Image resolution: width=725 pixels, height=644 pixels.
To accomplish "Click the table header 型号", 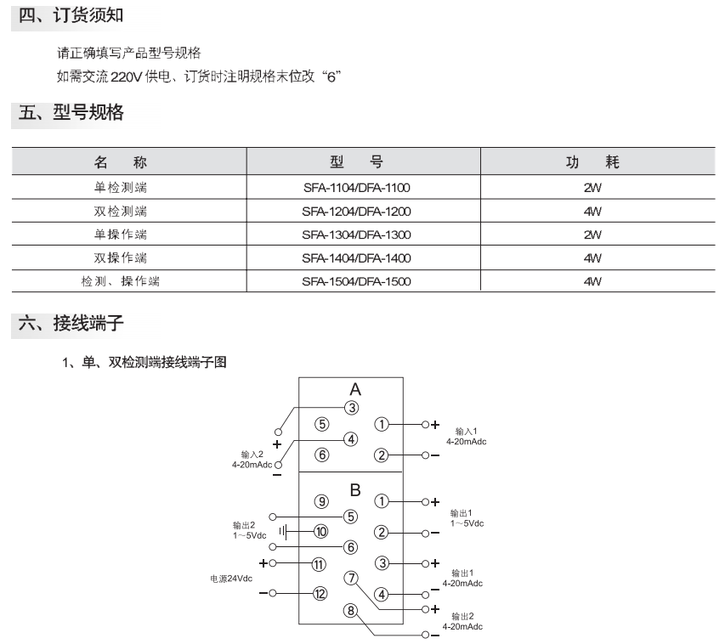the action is pos(356,161).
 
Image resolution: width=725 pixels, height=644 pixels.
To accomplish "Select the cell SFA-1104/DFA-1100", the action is pos(356,188).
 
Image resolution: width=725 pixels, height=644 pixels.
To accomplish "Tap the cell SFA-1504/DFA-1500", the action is pos(356,281).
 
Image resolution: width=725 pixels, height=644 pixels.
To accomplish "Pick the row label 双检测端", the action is pos(120,212).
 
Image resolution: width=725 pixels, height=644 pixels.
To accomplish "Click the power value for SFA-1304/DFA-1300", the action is pos(592,234).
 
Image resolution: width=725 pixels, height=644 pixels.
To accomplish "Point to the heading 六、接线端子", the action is pos(71,323).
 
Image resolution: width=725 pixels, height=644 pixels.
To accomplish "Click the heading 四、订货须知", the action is pos(71,14).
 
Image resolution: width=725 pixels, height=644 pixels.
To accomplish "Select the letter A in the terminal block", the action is pos(355,389).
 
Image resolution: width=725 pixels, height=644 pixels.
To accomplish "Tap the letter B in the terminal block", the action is pos(355,489).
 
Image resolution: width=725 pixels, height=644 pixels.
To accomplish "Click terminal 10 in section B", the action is pos(321,532).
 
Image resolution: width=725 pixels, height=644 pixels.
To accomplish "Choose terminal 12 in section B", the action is pos(320,594).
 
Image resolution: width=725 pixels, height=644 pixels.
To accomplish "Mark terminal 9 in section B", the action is pos(321,501).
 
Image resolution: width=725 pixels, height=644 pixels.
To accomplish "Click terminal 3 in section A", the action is pos(352,408).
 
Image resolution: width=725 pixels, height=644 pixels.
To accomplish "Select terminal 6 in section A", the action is pos(322,455).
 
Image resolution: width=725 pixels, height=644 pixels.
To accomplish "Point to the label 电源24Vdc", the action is pos(231,579).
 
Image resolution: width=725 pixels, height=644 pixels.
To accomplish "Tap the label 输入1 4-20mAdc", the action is pos(466,437).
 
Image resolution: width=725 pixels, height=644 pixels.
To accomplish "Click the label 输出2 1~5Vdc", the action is pos(250,530).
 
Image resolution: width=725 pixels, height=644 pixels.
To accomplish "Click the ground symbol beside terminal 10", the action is pos(283,532).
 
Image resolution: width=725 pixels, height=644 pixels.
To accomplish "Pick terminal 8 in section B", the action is pos(351,611).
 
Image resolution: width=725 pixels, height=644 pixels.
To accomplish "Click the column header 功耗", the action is pos(592,161).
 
